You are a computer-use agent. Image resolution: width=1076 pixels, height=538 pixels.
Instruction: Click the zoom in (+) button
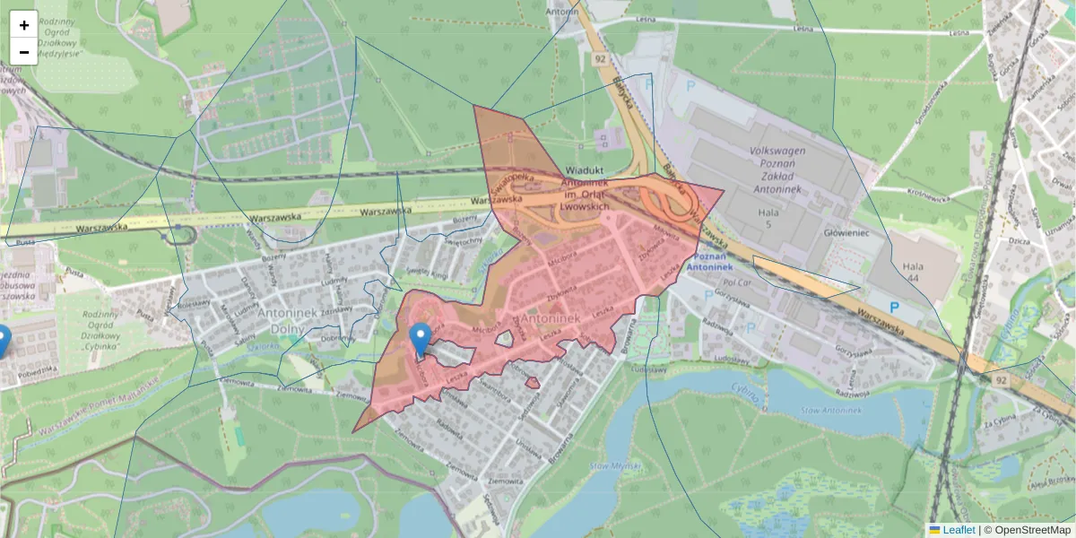pos(24,25)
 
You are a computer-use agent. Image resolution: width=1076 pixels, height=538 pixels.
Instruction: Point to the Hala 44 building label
pos(913,273)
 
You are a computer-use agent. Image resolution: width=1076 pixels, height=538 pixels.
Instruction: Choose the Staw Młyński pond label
pos(611,466)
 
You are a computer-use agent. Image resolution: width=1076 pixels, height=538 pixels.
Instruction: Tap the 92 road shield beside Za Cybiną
pos(1001,381)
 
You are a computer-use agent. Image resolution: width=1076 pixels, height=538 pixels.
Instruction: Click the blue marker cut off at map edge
pos(3,341)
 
